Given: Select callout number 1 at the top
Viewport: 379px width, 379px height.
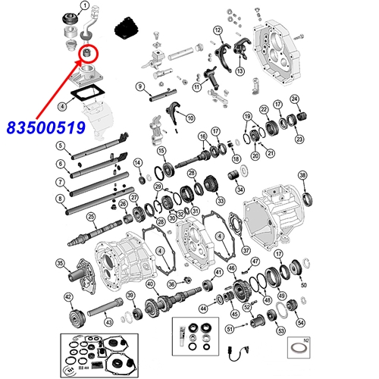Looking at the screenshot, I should pos(85,6).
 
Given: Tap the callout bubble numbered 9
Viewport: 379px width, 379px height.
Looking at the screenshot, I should pos(140,87).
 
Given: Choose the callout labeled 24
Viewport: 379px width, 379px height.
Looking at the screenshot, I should pos(295,98).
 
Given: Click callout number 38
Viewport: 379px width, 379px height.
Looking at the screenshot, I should pos(302,176).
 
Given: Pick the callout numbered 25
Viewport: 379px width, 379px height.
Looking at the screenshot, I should pos(91,217).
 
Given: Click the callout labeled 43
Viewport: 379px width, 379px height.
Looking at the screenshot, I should pos(108,323).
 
